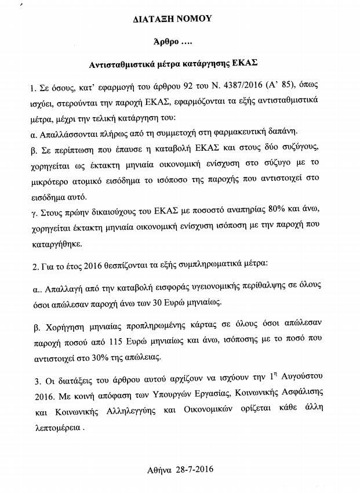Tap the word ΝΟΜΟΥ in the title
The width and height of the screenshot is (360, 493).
[195, 19]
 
